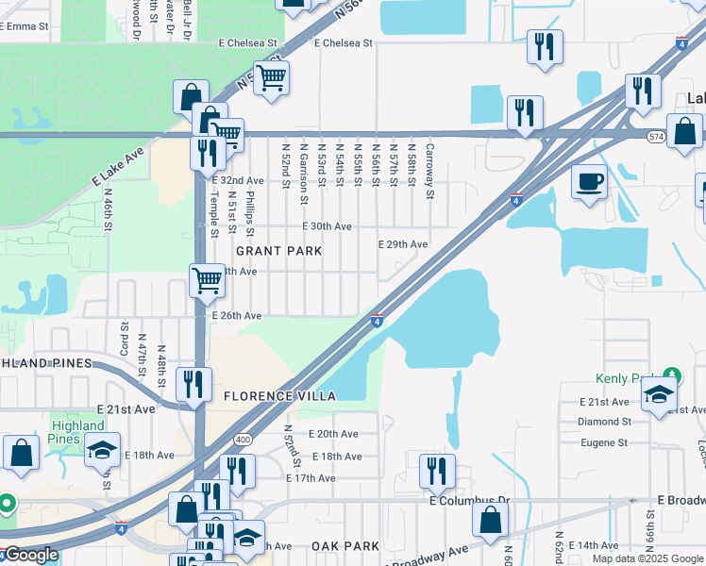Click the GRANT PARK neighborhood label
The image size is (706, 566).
[278, 251]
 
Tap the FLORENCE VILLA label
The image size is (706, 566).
[279, 397]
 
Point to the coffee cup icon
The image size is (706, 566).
[590, 180]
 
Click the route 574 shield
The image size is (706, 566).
[656, 137]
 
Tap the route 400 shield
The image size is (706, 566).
[243, 440]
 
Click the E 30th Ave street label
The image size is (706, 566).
[328, 226]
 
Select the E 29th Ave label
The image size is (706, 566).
[403, 244]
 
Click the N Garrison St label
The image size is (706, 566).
[303, 173]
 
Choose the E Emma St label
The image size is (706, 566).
[24, 27]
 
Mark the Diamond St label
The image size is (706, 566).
[603, 422]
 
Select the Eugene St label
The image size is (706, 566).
[604, 441]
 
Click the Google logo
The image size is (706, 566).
[31, 555]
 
